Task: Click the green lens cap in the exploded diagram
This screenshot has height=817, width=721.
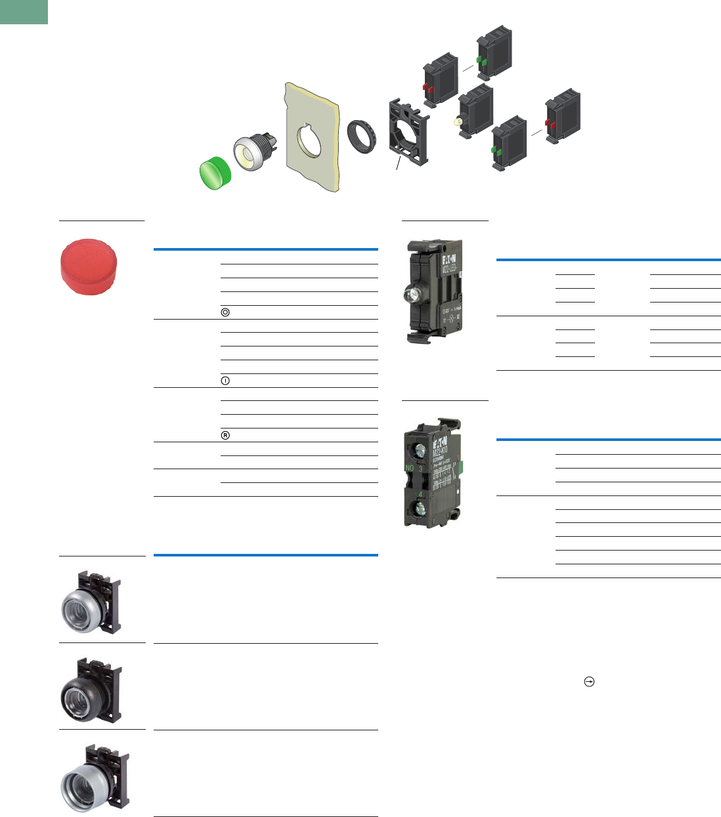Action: click(x=215, y=173)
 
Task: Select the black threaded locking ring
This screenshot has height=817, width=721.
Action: click(x=360, y=136)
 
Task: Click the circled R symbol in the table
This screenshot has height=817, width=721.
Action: click(x=225, y=435)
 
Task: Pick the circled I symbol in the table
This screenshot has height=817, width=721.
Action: click(x=225, y=381)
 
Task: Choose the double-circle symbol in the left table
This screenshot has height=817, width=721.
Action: click(x=225, y=312)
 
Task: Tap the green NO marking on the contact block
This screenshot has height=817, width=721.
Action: click(x=410, y=469)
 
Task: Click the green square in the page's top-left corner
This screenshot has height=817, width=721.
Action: click(x=24, y=12)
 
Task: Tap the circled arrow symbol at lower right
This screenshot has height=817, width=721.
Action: click(x=589, y=682)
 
